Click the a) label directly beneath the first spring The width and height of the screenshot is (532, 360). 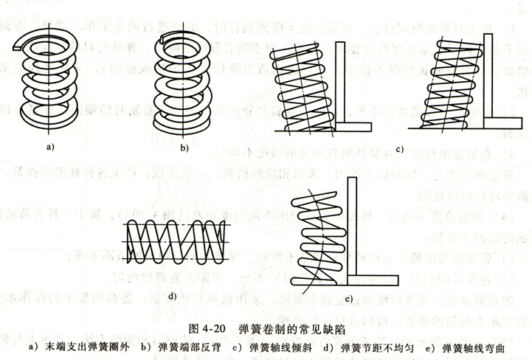(50, 148)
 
